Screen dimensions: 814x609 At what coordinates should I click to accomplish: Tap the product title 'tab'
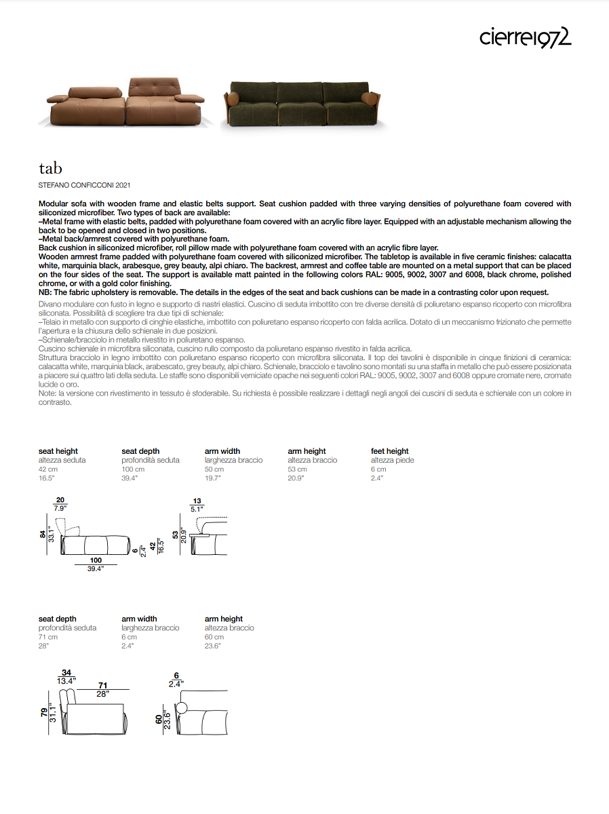50,168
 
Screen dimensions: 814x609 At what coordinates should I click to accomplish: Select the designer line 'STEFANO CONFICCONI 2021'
85,185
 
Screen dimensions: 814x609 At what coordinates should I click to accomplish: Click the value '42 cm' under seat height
47,469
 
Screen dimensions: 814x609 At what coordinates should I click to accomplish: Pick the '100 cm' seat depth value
133,469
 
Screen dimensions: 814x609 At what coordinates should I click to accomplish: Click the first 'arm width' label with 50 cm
222,451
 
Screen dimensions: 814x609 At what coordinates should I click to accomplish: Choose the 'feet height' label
390,451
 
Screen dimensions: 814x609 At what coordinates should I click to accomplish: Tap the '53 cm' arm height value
298,469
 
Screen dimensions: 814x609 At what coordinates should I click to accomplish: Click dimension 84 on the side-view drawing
43,534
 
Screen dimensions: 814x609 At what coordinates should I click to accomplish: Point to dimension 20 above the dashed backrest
60,501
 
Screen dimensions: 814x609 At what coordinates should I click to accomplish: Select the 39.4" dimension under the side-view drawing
96,569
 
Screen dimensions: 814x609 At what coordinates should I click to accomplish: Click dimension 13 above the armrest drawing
197,501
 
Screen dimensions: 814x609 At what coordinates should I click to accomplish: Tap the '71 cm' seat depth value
48,637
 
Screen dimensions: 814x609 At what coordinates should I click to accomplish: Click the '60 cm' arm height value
214,637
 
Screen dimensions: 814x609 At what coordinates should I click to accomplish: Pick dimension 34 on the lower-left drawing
66,672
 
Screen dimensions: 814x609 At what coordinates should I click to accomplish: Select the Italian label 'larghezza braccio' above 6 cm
151,628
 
